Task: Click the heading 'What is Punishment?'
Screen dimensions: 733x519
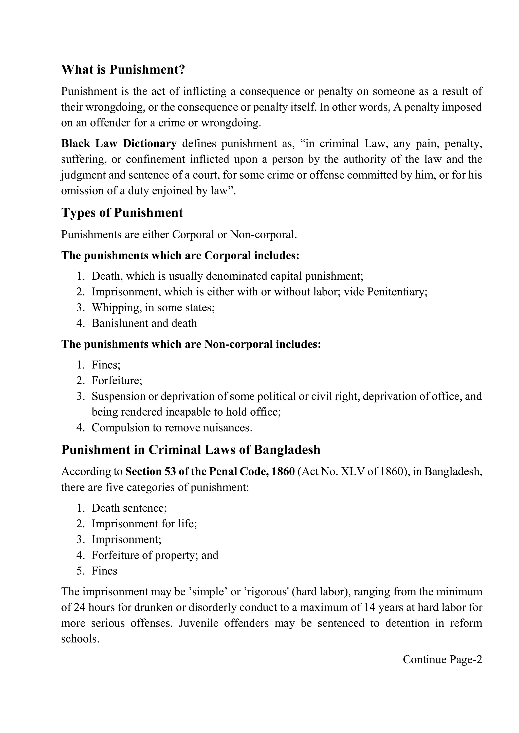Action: (x=123, y=70)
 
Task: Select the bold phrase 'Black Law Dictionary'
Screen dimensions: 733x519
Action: (x=119, y=144)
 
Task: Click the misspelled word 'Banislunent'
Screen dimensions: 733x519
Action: (x=120, y=323)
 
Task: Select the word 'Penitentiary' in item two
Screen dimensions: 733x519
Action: (x=396, y=292)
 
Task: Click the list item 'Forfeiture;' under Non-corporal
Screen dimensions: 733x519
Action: (x=117, y=380)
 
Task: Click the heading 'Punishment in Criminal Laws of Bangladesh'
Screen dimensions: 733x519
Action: (x=191, y=450)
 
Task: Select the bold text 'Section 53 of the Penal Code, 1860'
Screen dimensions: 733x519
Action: (x=210, y=472)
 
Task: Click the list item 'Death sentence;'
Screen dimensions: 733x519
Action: (x=129, y=508)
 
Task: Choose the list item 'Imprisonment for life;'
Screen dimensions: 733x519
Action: (x=144, y=524)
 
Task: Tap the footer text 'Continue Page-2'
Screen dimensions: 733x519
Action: (x=442, y=659)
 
